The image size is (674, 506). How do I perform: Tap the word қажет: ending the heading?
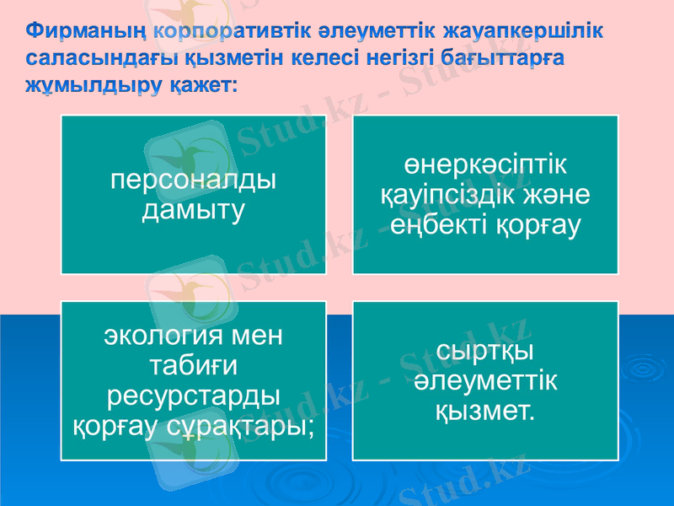coord(202,86)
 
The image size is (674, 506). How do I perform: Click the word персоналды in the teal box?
coord(194,181)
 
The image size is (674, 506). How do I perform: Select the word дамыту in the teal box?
coord(194,209)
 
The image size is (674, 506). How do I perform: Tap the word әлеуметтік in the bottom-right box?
coord(484,381)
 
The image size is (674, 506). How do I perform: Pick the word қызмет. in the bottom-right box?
coord(484,412)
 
